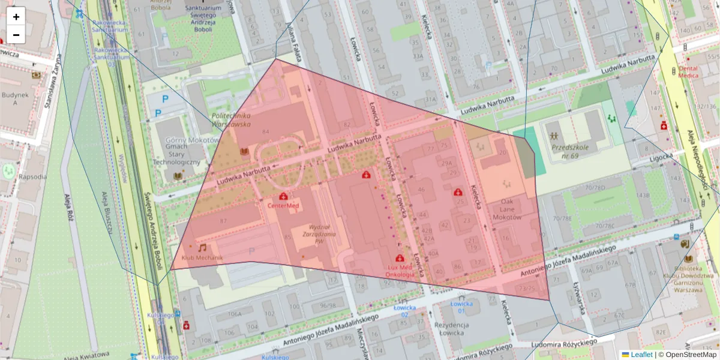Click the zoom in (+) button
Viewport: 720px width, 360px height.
coord(16,16)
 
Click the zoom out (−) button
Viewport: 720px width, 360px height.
coord(16,35)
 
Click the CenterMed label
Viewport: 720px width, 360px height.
coord(283,205)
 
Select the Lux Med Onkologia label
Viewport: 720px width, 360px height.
coord(400,271)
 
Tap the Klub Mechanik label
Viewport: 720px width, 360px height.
coord(202,258)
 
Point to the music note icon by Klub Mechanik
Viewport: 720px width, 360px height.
coord(202,247)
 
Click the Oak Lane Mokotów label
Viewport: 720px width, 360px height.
coord(507,209)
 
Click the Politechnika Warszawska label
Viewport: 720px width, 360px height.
coord(231,119)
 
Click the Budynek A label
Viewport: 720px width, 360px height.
coord(15,98)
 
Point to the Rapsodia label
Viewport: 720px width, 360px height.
coord(32,176)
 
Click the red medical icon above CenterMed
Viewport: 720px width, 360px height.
coord(283,196)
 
